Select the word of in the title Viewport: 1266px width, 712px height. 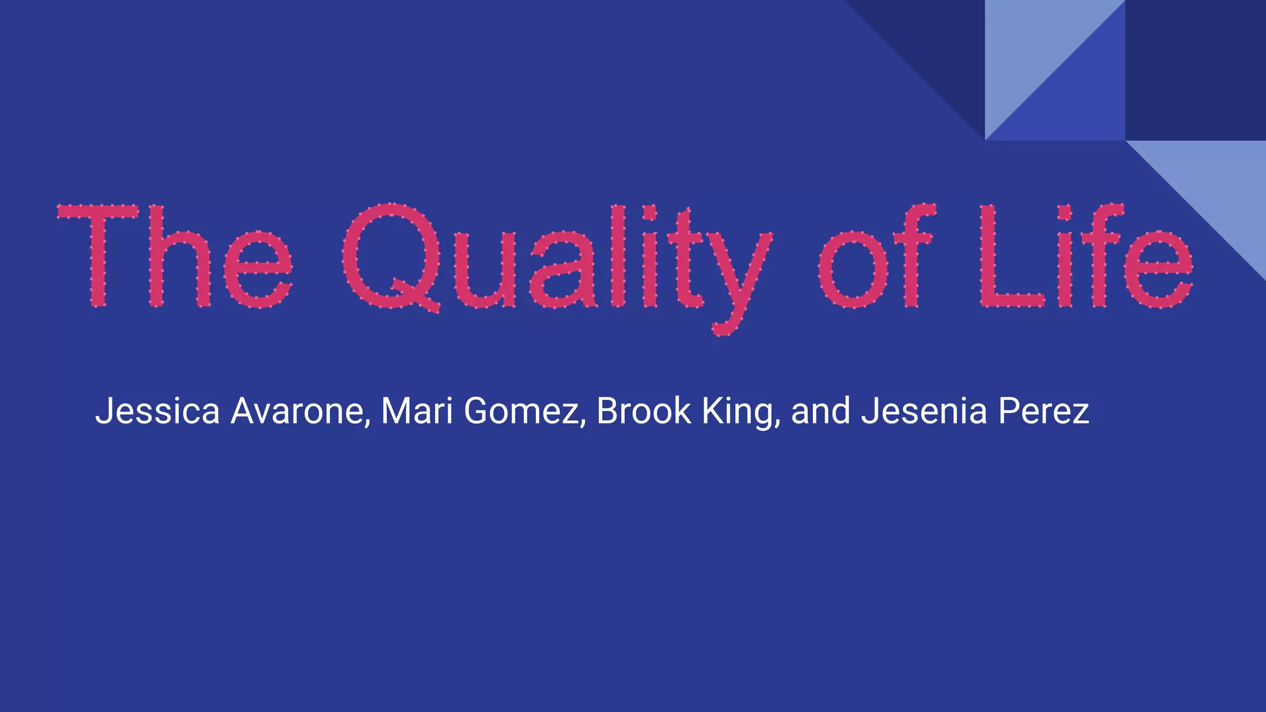pyautogui.click(x=875, y=256)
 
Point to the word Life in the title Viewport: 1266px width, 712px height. pyautogui.click(x=1085, y=256)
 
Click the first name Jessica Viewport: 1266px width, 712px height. pyautogui.click(x=158, y=411)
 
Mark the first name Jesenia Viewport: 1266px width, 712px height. pyautogui.click(x=924, y=411)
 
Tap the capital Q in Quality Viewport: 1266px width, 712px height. pyautogui.click(x=391, y=256)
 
